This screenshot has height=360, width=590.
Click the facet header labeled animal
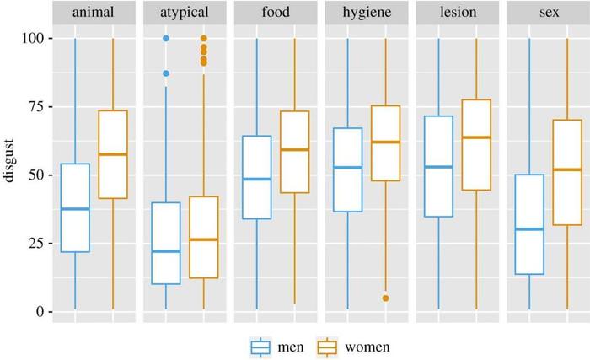click(94, 13)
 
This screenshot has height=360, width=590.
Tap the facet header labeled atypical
click(185, 13)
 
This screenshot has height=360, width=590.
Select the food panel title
click(276, 12)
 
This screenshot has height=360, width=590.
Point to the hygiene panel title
click(367, 13)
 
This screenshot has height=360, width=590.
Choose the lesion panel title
click(458, 12)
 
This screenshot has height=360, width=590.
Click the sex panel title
click(549, 13)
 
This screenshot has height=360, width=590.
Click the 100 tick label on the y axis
click(34, 39)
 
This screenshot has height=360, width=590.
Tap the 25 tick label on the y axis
click(38, 244)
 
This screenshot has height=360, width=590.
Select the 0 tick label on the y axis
click(40, 312)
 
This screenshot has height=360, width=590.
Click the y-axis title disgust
click(8, 161)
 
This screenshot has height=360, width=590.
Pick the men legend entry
click(277, 347)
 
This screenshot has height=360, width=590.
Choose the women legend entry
click(353, 347)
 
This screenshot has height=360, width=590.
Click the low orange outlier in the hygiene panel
click(386, 298)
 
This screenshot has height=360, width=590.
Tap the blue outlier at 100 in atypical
click(166, 39)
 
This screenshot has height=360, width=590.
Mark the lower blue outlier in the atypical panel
click(166, 73)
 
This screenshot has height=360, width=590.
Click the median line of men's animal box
click(75, 209)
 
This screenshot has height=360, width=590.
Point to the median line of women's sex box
click(567, 169)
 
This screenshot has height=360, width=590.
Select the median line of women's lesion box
click(476, 137)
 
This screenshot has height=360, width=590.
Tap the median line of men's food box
click(257, 180)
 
